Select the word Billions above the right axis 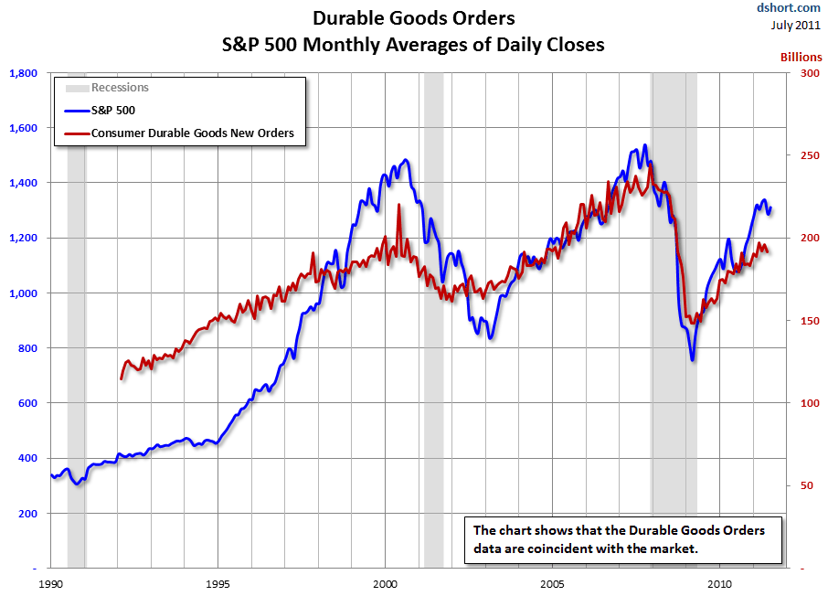click(801, 57)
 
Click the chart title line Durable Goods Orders click(413, 18)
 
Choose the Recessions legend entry click(120, 88)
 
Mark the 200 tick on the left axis click(27, 514)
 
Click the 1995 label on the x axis click(218, 583)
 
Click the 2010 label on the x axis click(719, 583)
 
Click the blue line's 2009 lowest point click(692, 359)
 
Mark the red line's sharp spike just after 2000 click(398, 206)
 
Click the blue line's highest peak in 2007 click(645, 145)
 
